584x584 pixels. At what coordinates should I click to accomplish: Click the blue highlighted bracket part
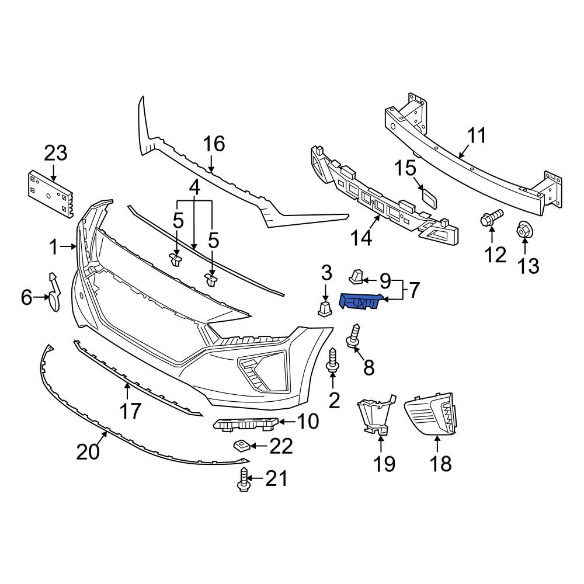pos(360,301)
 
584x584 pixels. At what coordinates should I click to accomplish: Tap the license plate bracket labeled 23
pos(50,192)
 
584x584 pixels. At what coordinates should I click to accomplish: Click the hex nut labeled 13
pos(524,231)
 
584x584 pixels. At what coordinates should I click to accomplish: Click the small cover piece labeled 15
pos(428,199)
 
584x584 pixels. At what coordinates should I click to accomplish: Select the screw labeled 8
pos(354,336)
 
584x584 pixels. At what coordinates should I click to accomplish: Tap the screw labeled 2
pos(333,360)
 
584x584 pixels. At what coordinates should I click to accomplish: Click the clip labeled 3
pos(325,308)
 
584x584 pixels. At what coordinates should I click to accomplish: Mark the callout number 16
pos(214,144)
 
